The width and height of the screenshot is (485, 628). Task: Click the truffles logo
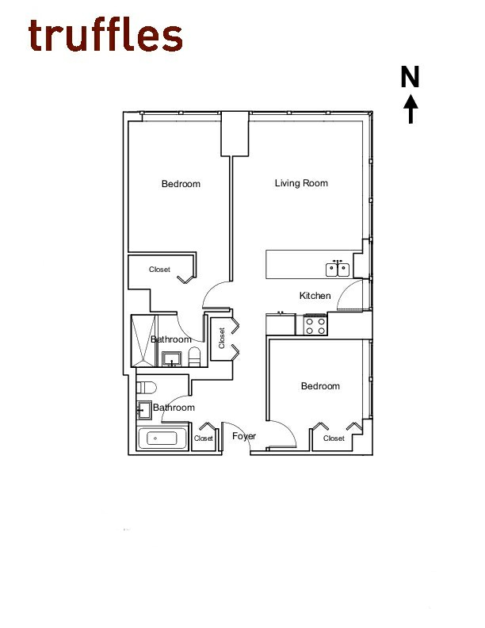[x=105, y=36]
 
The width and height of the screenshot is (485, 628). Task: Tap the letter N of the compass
[x=410, y=77]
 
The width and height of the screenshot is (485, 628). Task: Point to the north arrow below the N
[x=411, y=109]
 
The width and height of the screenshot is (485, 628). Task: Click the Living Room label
[x=301, y=183]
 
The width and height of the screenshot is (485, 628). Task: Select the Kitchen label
[x=315, y=296]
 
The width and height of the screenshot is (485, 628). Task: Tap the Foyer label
[x=243, y=436]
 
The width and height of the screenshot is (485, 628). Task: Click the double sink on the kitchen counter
[x=338, y=269]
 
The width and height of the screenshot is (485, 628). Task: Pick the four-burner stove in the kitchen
[x=315, y=324]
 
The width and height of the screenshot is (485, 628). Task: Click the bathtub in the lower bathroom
[x=162, y=438]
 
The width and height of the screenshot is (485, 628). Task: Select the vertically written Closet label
[x=223, y=338]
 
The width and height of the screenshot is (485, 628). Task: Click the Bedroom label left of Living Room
[x=181, y=184]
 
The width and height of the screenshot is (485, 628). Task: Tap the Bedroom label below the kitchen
[x=320, y=386]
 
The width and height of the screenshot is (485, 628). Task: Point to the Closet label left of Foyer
[x=204, y=438]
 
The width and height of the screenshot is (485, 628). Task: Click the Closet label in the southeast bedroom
[x=334, y=438]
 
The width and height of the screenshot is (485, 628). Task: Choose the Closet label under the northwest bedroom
[x=159, y=270]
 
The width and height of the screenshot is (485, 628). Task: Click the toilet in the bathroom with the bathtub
[x=145, y=387]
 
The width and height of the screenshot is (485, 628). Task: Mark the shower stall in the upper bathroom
[x=143, y=341]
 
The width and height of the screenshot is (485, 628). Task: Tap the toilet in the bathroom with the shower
[x=194, y=357]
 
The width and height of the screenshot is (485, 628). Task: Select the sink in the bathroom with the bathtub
[x=144, y=411]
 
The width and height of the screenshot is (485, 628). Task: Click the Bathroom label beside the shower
[x=171, y=339]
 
